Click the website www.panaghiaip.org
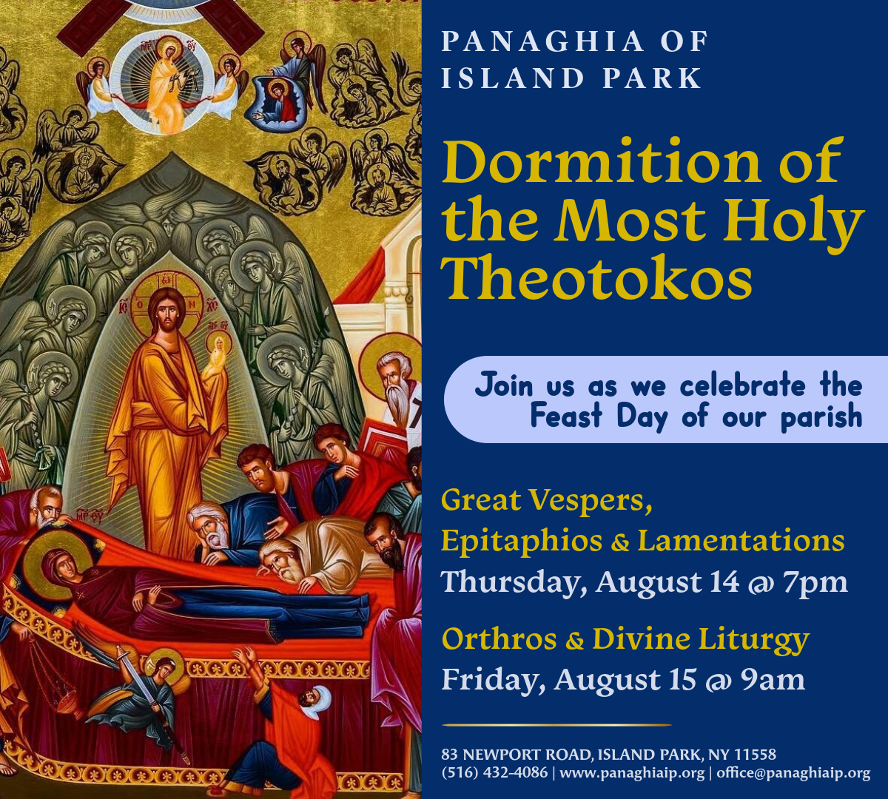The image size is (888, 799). [632, 773]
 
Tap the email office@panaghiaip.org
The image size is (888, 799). [793, 773]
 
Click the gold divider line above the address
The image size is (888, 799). [557, 725]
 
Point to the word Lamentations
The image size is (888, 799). [741, 542]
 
